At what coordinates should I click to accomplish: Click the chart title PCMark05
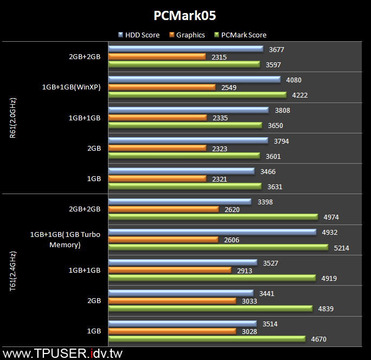coord(185,15)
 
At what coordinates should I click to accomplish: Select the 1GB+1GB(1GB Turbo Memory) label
coord(66,240)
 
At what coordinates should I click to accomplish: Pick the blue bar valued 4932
coord(212,232)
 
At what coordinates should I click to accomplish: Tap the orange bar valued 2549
coord(162,87)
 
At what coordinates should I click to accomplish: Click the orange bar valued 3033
coord(172,301)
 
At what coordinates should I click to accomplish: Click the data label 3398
coord(265,202)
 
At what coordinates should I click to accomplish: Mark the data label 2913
coord(245,271)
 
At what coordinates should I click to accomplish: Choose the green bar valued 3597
coord(184,65)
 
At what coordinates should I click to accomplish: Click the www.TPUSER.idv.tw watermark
coord(62,353)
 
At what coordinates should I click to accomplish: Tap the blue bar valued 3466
coord(181,171)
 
